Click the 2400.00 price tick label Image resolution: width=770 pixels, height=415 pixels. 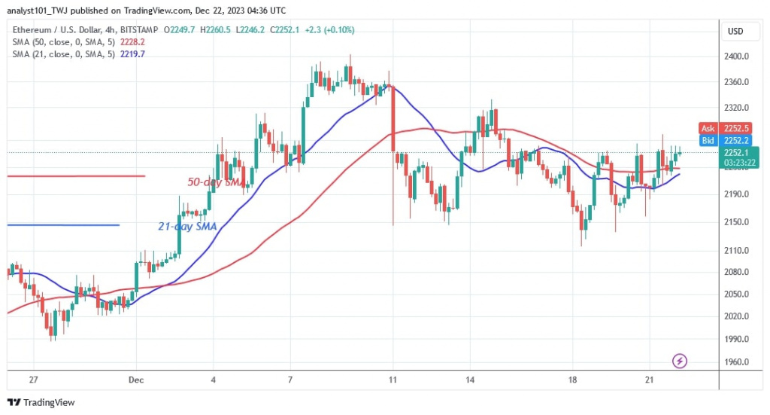pyautogui.click(x=738, y=56)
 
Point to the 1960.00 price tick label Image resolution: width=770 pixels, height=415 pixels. pyautogui.click(x=738, y=362)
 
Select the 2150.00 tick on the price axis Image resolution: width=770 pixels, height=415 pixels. pyautogui.click(x=738, y=222)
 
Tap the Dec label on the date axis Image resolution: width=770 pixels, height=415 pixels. pyautogui.click(x=136, y=380)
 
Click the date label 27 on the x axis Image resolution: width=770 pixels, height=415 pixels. pyautogui.click(x=33, y=380)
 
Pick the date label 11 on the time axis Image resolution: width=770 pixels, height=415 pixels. pyautogui.click(x=393, y=380)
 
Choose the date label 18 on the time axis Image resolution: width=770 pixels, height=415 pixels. pyautogui.click(x=574, y=380)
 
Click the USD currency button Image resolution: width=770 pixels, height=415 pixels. pyautogui.click(x=735, y=31)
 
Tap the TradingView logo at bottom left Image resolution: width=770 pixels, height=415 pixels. pyautogui.click(x=41, y=403)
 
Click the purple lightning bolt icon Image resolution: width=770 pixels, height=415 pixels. pyautogui.click(x=681, y=362)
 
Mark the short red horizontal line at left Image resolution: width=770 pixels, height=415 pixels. pyautogui.click(x=76, y=176)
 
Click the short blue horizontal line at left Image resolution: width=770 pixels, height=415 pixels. pyautogui.click(x=63, y=225)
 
